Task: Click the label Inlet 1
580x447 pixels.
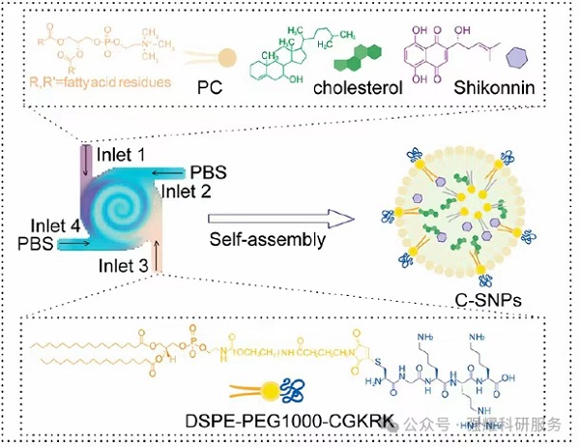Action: click(127, 155)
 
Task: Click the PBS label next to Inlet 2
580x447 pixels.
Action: click(207, 171)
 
